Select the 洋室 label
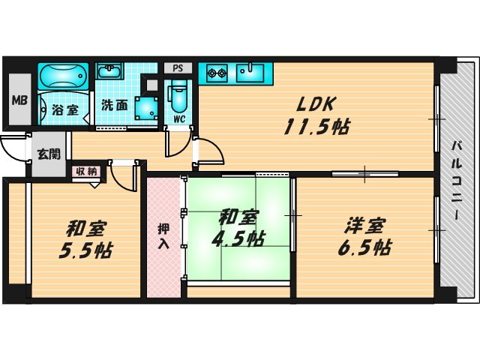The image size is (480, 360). click(365, 224)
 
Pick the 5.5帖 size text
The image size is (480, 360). click(84, 249)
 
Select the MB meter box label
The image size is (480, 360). click(17, 100)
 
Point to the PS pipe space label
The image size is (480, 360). click(178, 67)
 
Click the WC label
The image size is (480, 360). click(178, 118)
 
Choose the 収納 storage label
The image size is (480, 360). click(85, 171)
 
